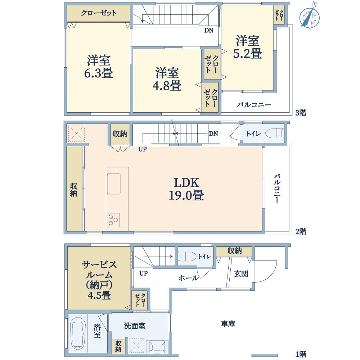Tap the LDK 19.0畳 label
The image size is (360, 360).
pyautogui.click(x=186, y=189)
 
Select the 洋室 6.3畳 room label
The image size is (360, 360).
pyautogui.click(x=98, y=67)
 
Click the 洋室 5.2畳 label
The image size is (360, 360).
pyautogui.click(x=248, y=47)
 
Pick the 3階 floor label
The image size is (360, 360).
pyautogui.click(x=301, y=113)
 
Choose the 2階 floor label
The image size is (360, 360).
pyautogui.click(x=301, y=231)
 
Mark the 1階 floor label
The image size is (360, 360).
pyautogui.click(x=301, y=354)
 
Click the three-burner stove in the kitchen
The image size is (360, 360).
pyautogui.click(x=114, y=220)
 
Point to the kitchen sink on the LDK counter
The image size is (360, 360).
pyautogui.click(x=114, y=184)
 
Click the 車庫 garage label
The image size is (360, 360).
pyautogui.click(x=228, y=324)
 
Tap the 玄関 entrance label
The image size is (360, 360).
pyautogui.click(x=241, y=274)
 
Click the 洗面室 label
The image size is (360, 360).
pyautogui.click(x=134, y=327)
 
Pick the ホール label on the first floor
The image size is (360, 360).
pyautogui.click(x=188, y=278)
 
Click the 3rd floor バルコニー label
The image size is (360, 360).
pyautogui.click(x=254, y=105)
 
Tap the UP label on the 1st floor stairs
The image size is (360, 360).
pyautogui.click(x=143, y=273)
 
